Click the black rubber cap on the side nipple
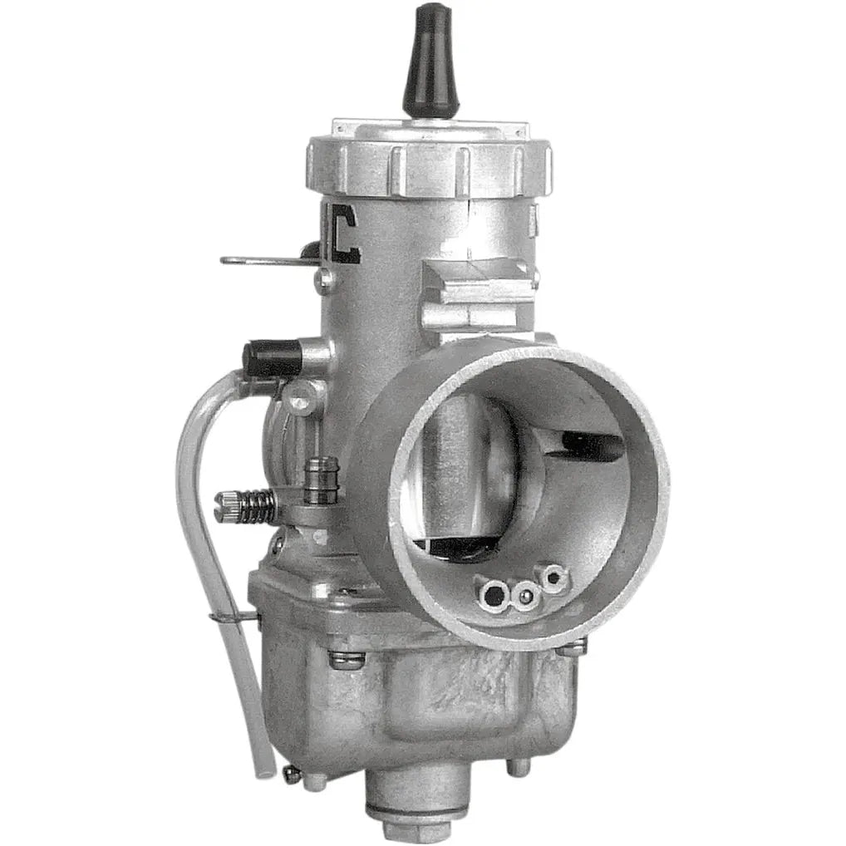pyautogui.click(x=271, y=358)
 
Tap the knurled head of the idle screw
pyautogui.click(x=225, y=506)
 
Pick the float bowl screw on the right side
pyautogui.click(x=572, y=646)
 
